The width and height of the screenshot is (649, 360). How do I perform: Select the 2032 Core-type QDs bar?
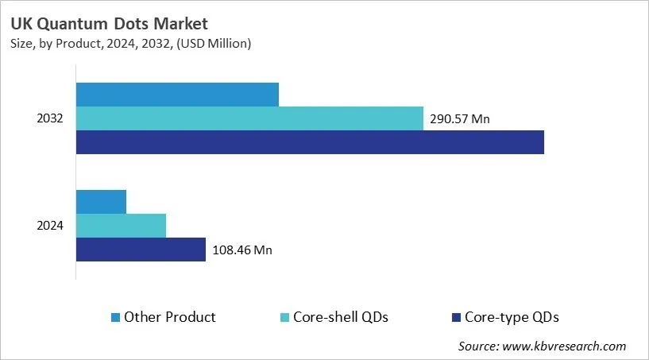click(x=310, y=142)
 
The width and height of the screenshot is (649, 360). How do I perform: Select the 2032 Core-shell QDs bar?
click(x=249, y=118)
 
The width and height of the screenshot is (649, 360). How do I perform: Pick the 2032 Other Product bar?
click(x=177, y=95)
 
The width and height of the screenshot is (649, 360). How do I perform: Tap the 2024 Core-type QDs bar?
click(x=141, y=250)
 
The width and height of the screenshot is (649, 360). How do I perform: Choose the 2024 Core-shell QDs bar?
click(x=121, y=226)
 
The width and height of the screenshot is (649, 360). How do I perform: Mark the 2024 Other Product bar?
click(x=101, y=202)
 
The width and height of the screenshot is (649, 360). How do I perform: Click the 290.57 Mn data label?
click(x=460, y=119)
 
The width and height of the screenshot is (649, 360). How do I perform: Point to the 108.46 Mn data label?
click(x=242, y=250)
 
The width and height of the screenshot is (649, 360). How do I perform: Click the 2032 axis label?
click(x=49, y=118)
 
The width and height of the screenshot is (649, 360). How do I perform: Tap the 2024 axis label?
click(x=49, y=226)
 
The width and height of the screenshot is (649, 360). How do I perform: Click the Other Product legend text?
click(x=170, y=317)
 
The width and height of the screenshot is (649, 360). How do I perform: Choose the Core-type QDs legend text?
click(x=512, y=317)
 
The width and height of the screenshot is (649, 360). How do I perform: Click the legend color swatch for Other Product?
click(x=116, y=318)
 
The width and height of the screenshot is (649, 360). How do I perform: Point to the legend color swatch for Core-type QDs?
click(x=456, y=318)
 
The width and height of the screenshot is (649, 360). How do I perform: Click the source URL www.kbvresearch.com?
click(x=565, y=346)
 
